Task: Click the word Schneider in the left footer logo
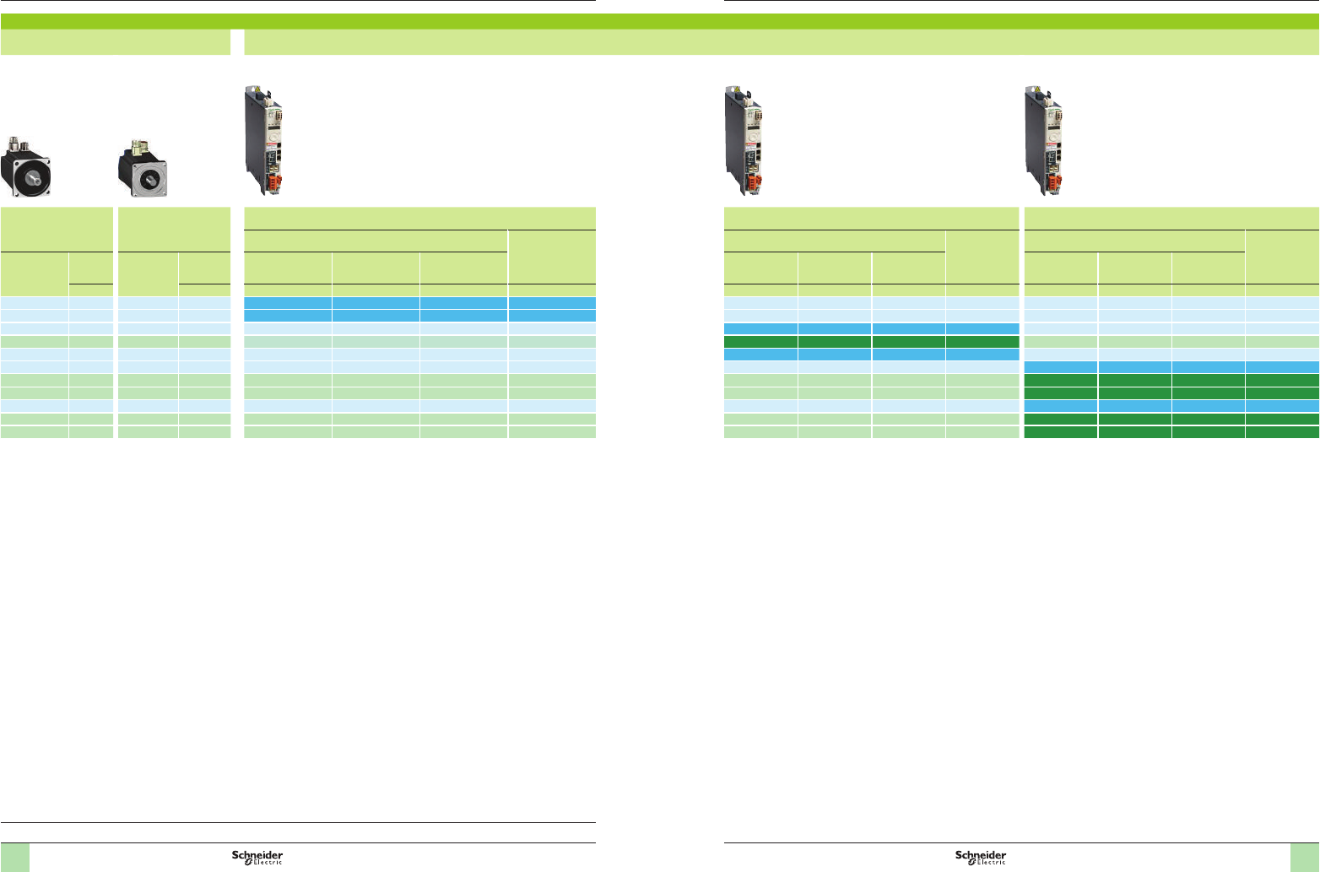pyautogui.click(x=257, y=855)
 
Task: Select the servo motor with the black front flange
pyautogui.click(x=29, y=167)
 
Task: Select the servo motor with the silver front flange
pyautogui.click(x=143, y=169)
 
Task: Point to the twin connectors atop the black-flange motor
pyautogui.click(x=20, y=144)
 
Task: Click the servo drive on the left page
pyautogui.click(x=263, y=140)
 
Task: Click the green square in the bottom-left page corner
pyautogui.click(x=15, y=857)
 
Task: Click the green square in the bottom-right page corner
pyautogui.click(x=1304, y=857)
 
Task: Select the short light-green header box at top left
pyautogui.click(x=116, y=42)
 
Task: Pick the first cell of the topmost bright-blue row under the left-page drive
pyautogui.click(x=287, y=302)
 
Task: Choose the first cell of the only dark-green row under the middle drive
pyautogui.click(x=760, y=342)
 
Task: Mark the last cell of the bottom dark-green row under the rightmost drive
pyautogui.click(x=1282, y=432)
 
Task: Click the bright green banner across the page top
pyautogui.click(x=660, y=21)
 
